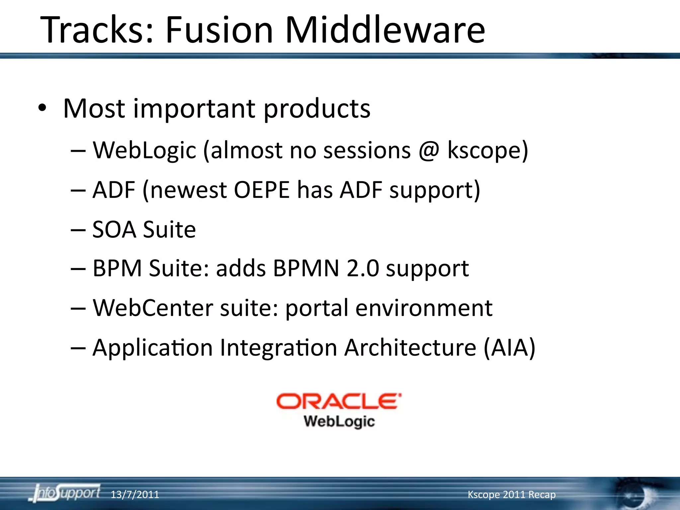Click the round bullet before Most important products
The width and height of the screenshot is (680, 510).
[x=42, y=109]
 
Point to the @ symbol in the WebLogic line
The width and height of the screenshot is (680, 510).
[x=429, y=150]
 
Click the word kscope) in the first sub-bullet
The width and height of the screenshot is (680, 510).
[x=487, y=150]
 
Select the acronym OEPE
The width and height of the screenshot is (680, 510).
[x=262, y=190]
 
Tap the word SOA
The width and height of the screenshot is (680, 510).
[x=114, y=229]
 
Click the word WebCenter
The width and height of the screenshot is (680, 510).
[x=153, y=308]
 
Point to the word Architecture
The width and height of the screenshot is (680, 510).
[x=410, y=348]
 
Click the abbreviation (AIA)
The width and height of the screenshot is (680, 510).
[x=509, y=348]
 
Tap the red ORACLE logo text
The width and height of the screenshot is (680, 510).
[x=339, y=401]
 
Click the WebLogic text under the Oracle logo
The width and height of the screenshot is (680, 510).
[x=339, y=421]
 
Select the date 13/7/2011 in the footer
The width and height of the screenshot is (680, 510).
[x=134, y=495]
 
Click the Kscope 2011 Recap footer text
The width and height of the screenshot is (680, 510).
[x=511, y=495]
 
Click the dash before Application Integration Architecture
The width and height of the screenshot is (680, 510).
[x=78, y=348]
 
